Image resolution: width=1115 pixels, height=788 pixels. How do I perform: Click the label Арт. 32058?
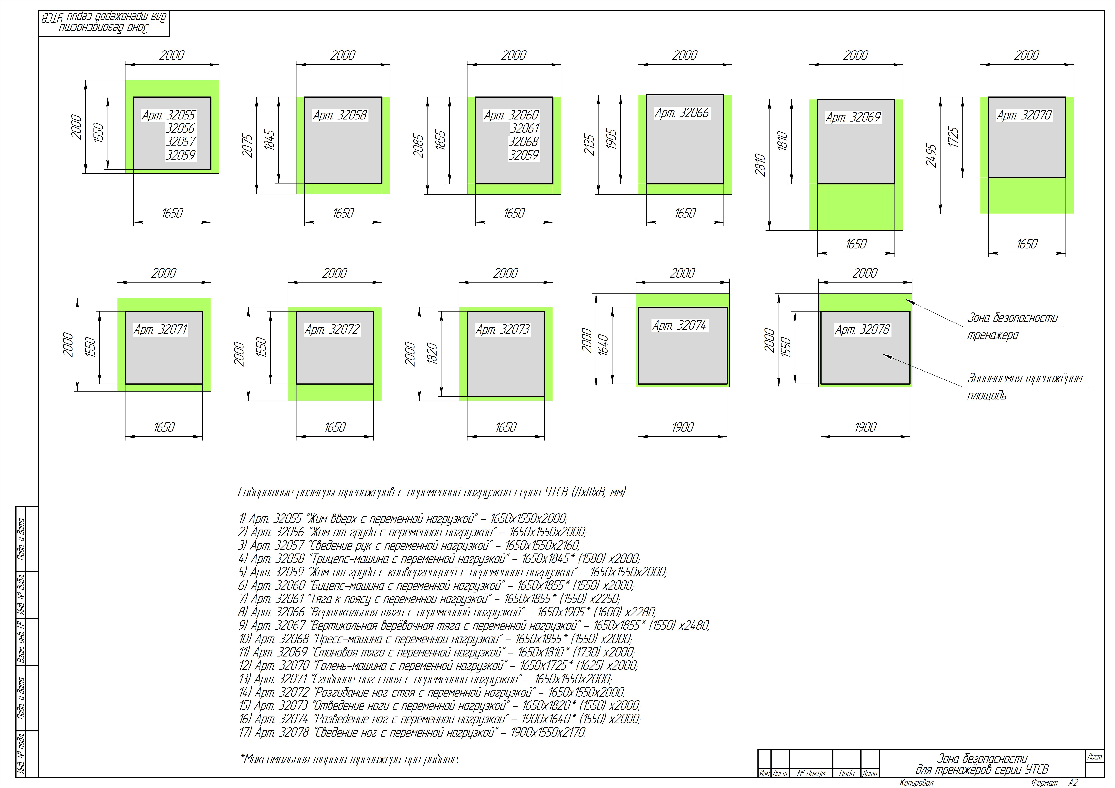pyautogui.click(x=339, y=116)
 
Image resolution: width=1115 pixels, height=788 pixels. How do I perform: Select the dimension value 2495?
pyautogui.click(x=931, y=155)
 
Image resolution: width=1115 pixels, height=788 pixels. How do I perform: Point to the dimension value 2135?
pyautogui.click(x=589, y=145)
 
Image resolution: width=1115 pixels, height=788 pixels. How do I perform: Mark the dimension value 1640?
pyautogui.click(x=603, y=345)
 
